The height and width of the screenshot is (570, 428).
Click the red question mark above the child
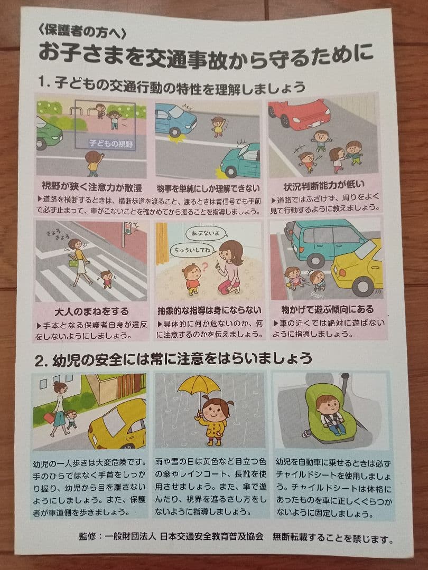pos(207,262)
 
